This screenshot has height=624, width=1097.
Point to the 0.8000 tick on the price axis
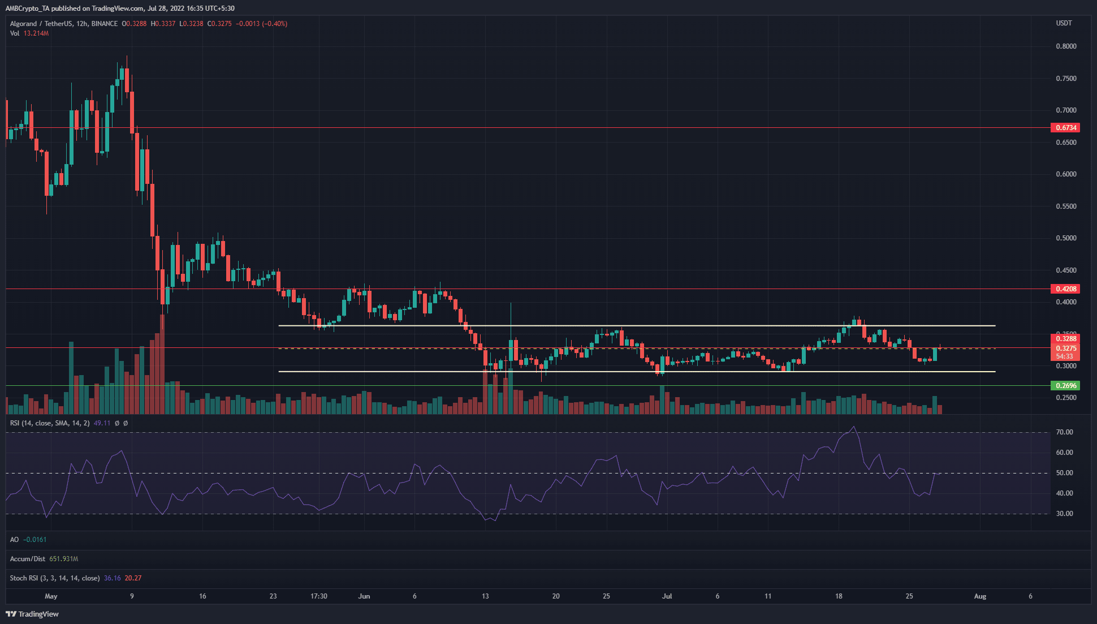tap(1066, 46)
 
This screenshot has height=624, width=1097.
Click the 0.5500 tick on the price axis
tap(1066, 206)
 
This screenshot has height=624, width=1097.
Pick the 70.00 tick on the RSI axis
tap(1064, 432)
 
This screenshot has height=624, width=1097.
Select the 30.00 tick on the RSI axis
tap(1064, 514)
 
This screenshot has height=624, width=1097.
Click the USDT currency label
tap(1064, 23)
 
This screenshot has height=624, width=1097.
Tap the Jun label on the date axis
tap(364, 596)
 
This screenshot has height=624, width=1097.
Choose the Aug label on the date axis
tap(980, 596)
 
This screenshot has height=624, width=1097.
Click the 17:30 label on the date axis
tap(319, 596)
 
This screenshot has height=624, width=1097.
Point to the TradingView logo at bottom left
tap(33, 614)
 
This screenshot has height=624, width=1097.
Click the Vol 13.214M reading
tap(36, 33)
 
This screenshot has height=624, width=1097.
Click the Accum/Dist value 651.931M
tap(63, 559)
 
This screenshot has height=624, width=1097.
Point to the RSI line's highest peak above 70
tap(853, 427)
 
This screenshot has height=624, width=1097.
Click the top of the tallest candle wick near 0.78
tap(127, 56)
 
